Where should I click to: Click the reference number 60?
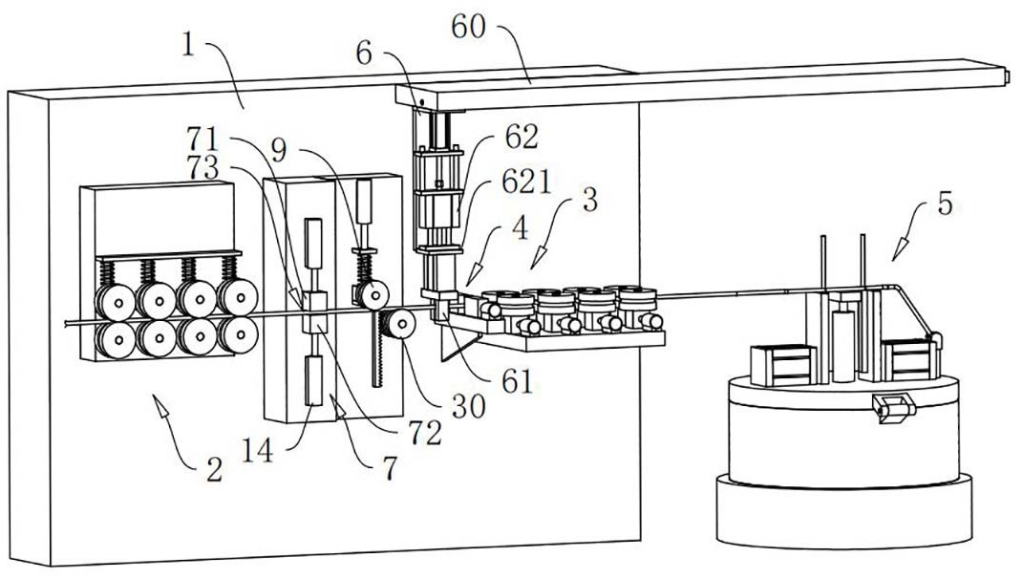(x=468, y=28)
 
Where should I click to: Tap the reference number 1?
(x=188, y=45)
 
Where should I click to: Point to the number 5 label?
(x=945, y=204)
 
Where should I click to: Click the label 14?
(x=257, y=451)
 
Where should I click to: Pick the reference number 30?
(x=469, y=406)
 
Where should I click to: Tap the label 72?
(x=425, y=432)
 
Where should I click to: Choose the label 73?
(x=202, y=167)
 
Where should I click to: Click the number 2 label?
(x=215, y=469)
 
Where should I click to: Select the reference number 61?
(x=518, y=381)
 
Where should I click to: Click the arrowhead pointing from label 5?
(x=900, y=249)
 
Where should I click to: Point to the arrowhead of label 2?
(x=160, y=404)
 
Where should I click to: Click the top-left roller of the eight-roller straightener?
(x=115, y=302)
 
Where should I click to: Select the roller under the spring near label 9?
(x=373, y=294)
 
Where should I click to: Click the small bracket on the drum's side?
(x=894, y=408)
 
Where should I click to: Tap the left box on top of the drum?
(x=783, y=365)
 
